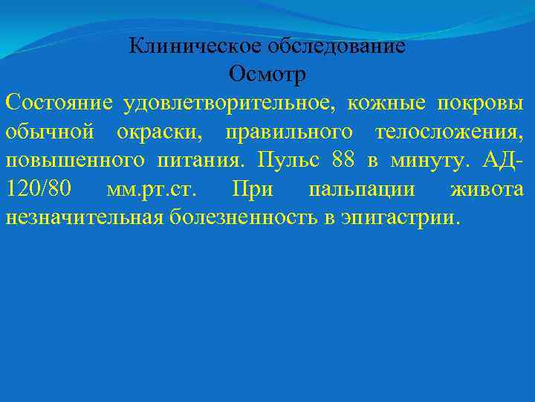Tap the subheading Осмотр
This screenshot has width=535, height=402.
click(x=267, y=74)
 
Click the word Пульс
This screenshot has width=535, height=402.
click(x=285, y=160)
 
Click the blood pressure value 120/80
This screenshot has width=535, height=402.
click(x=38, y=188)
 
